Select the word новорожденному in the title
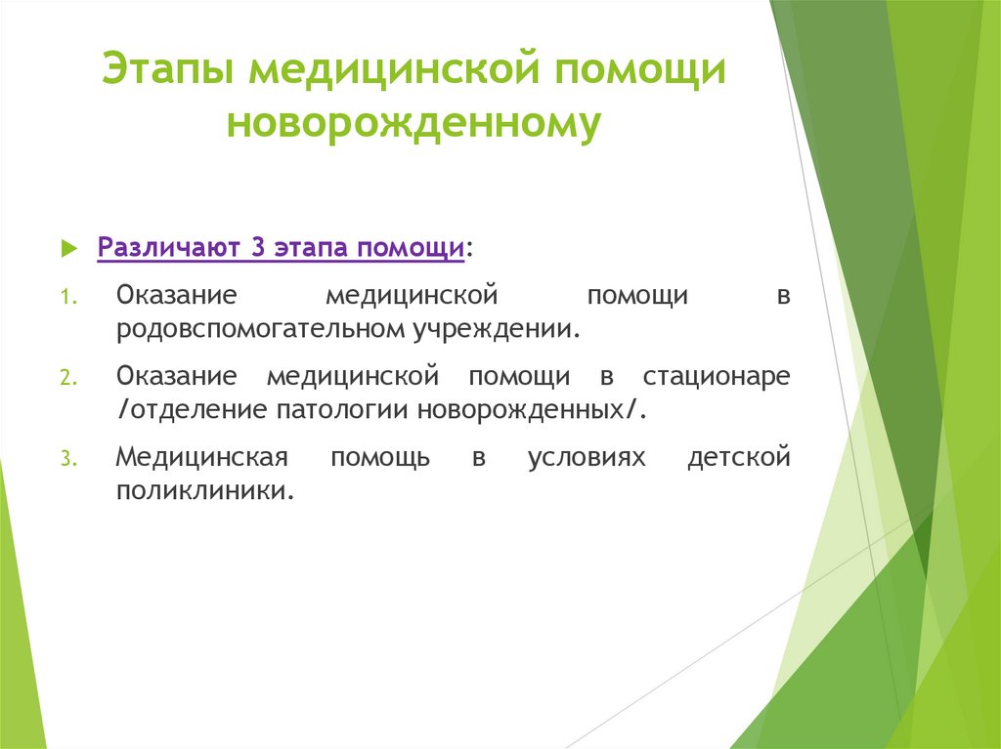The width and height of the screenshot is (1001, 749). (413, 125)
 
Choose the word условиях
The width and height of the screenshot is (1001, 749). (587, 458)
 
